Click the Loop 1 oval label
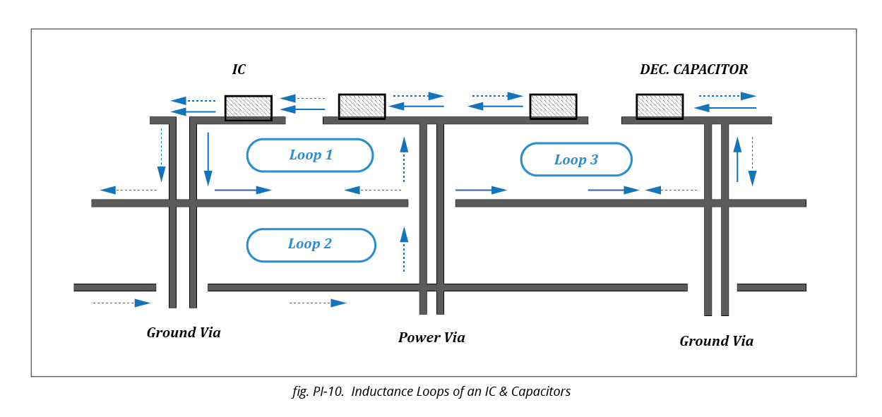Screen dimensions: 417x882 [309, 155]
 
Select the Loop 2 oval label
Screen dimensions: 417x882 [310, 245]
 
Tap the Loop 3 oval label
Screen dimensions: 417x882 [576, 159]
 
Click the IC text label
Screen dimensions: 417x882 [239, 69]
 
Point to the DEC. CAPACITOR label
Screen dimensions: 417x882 [693, 69]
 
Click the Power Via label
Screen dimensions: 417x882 [431, 337]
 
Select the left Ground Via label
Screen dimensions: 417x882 [184, 332]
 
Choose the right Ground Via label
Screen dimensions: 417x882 [716, 341]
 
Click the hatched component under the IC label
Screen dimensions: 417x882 [248, 107]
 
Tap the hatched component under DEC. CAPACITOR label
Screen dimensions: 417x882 [659, 107]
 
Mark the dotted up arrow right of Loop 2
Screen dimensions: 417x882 [404, 249]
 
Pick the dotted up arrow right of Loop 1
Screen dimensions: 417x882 [404, 160]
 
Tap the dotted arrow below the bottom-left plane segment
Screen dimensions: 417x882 [121, 303]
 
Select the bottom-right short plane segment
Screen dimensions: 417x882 [771, 287]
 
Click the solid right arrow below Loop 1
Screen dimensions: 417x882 [243, 190]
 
